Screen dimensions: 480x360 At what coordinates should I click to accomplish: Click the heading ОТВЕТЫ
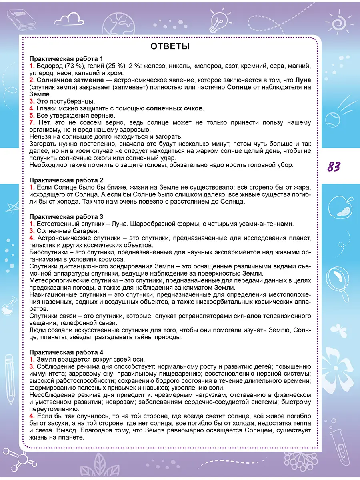point(170,46)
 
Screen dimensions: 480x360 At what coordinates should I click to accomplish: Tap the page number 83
point(334,166)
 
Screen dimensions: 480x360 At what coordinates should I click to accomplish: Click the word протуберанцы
point(71,101)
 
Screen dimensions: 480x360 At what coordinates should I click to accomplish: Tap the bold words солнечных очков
point(175,108)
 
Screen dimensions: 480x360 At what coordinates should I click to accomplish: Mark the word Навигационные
point(53,295)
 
